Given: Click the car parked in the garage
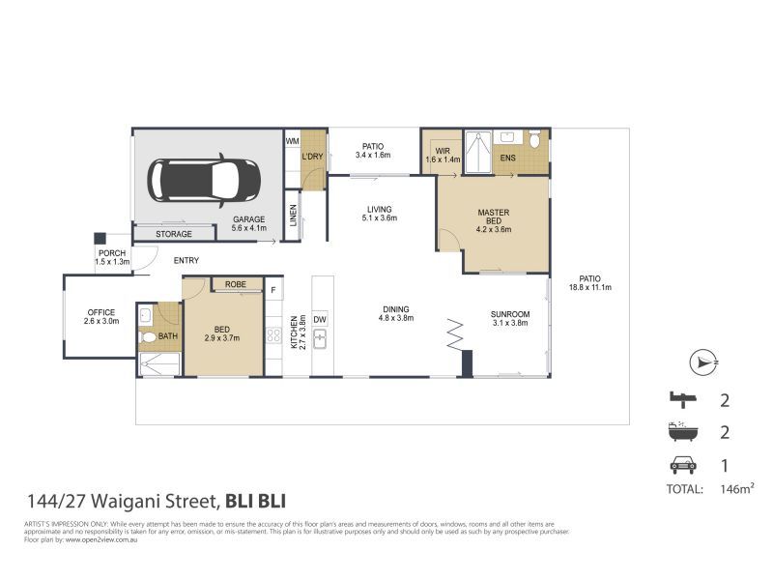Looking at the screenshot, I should [x=203, y=180].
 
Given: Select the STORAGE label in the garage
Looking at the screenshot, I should [x=174, y=234].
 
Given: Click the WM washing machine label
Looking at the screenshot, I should [x=292, y=141].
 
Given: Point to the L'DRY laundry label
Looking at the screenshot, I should [x=312, y=157].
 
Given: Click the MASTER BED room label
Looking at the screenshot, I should [x=494, y=220].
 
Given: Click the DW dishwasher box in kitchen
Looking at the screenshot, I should [x=321, y=318].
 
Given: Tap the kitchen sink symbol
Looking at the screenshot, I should [x=322, y=339].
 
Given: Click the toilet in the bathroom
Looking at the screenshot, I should [x=148, y=337].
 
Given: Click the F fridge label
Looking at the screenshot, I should [x=273, y=289].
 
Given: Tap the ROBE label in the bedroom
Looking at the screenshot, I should [x=235, y=284].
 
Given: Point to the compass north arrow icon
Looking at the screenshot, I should [x=702, y=363].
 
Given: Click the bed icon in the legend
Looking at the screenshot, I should [x=682, y=398].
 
